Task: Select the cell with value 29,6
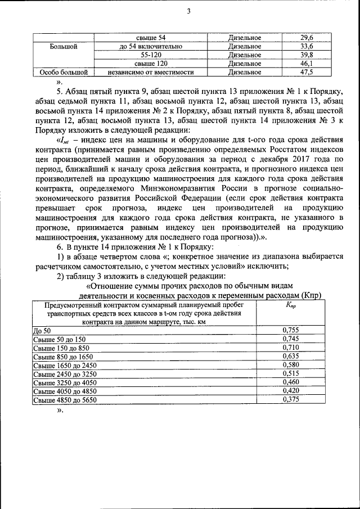(307, 38)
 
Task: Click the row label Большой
(62, 47)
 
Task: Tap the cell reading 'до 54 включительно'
(151, 46)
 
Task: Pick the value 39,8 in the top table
(307, 55)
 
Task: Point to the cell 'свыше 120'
(151, 64)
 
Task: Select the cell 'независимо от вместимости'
(151, 73)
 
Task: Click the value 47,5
(307, 73)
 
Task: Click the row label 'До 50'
(42, 331)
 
